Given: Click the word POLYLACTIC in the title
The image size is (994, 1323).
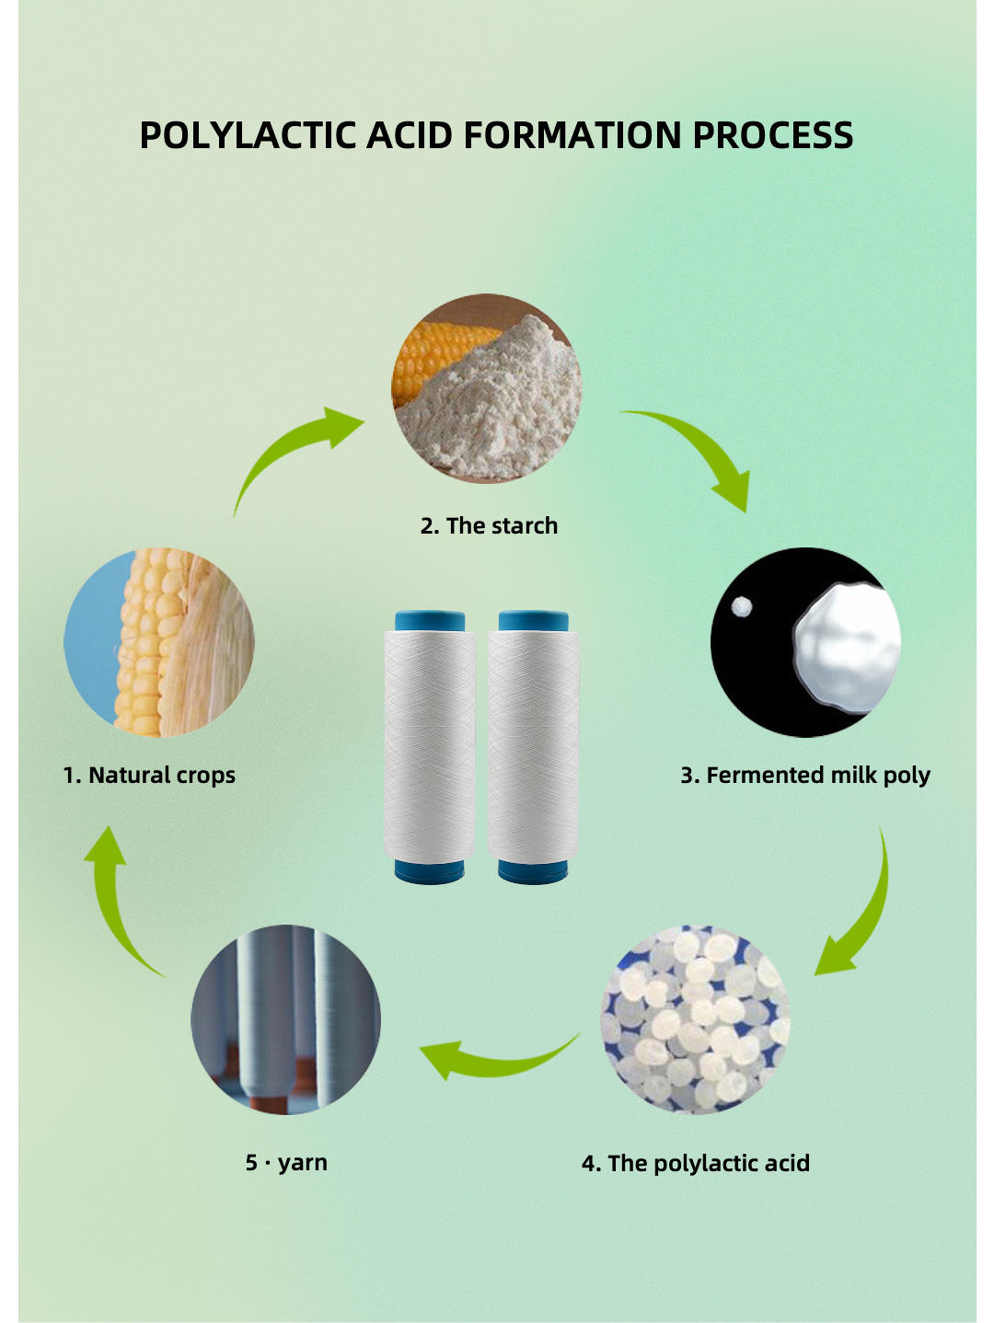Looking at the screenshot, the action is tap(248, 135).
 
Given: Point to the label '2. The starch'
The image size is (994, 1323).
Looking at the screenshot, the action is tap(489, 526).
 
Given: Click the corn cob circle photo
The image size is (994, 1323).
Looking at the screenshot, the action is tap(159, 642).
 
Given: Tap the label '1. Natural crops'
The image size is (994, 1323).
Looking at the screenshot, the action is tap(149, 776).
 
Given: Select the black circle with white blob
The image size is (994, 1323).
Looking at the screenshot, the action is tap(805, 642).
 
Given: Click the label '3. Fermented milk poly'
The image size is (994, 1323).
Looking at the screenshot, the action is tap(805, 776).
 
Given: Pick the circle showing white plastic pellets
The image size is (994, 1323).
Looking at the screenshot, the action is tap(695, 1019).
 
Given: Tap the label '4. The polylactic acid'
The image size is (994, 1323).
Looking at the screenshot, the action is tap(696, 1164).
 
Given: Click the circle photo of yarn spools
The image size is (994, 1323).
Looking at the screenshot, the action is tap(285, 1019).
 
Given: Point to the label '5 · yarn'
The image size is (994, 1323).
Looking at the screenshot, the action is tap(286, 1163).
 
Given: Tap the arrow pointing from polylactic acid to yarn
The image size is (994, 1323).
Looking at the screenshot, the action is tap(497, 1058).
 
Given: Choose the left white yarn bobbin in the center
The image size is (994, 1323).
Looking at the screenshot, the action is tap(429, 745).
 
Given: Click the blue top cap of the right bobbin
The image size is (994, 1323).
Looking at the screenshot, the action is tap(533, 621).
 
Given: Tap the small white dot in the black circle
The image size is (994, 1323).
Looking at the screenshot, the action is tap(741, 606).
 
